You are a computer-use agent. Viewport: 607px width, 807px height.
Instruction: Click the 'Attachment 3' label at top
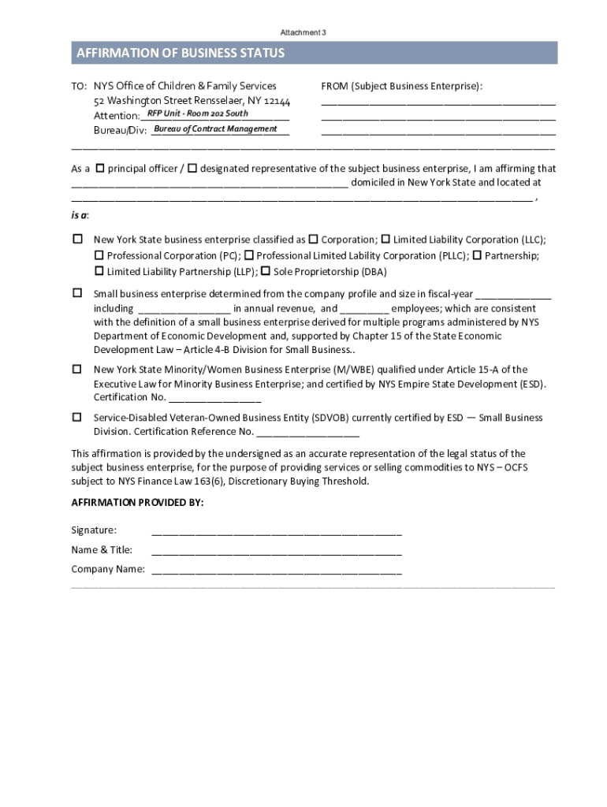point(303,32)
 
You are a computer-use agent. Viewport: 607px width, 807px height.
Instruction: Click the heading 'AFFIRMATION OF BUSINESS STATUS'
point(180,54)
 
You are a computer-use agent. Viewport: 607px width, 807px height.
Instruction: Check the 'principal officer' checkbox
point(99,169)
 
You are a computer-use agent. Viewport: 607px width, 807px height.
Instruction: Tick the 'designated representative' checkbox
point(192,169)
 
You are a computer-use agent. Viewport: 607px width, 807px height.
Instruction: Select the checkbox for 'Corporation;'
point(313,239)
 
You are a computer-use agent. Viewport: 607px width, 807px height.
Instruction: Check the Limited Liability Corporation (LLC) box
point(385,239)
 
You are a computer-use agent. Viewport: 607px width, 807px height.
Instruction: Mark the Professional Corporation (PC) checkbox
point(99,255)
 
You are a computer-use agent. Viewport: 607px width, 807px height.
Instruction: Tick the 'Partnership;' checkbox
point(477,255)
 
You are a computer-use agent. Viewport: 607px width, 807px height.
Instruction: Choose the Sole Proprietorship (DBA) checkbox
point(266,271)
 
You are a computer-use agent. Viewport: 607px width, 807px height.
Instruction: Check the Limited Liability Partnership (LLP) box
point(99,271)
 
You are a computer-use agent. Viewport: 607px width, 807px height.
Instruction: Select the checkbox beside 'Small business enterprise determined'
point(77,293)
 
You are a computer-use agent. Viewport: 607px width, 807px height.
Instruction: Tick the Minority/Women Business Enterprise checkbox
point(77,369)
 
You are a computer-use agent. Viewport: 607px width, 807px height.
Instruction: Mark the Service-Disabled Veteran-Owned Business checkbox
point(77,417)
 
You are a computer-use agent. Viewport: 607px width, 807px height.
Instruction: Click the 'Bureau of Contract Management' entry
point(215,128)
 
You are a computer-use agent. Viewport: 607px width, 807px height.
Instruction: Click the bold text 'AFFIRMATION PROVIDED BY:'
point(137,502)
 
